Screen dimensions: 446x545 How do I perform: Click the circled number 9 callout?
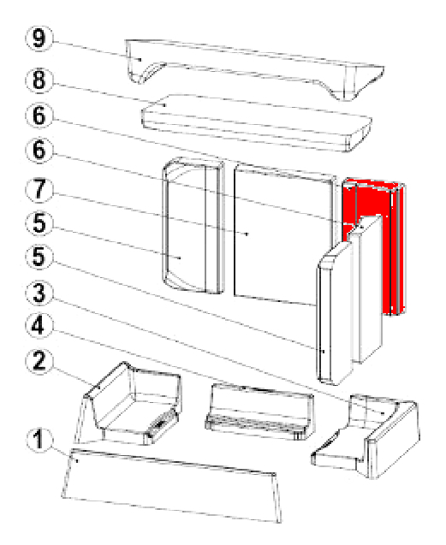39,39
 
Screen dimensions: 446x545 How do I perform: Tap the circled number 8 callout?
39,80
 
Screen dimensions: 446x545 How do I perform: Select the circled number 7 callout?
39,190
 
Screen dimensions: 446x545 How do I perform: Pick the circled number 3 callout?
39,293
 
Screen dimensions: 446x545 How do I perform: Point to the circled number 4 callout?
39,326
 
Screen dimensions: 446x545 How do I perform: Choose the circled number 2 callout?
39,361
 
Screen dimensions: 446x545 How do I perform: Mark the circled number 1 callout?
39,439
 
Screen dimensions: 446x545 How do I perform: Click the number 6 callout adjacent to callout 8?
39,116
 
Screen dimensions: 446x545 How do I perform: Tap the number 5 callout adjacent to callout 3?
39,258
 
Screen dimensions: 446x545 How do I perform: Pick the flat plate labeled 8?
257,122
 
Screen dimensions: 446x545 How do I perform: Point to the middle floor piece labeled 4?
260,412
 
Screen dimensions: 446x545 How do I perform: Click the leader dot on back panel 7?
247,234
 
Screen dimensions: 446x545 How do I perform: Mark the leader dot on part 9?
140,59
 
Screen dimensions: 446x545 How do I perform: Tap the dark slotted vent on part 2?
161,423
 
